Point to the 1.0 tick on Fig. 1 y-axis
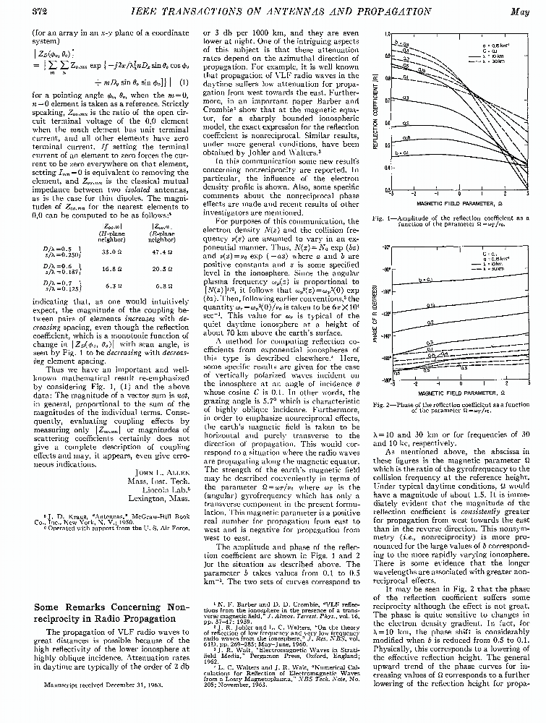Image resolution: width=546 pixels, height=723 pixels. click(x=388, y=35)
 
